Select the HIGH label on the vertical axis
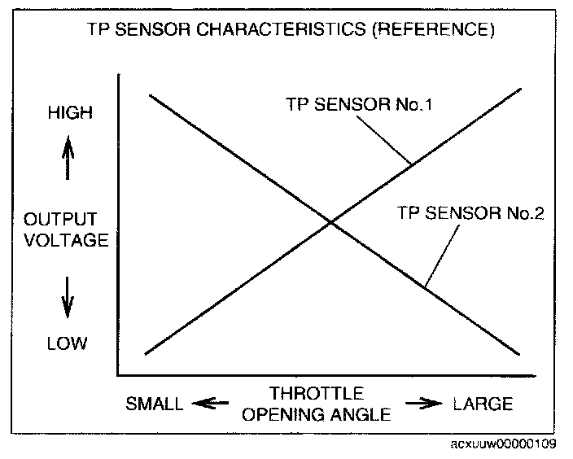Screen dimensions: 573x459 click(69, 113)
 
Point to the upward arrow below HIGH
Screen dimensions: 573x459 click(68, 156)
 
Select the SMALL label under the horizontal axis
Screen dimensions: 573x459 click(155, 404)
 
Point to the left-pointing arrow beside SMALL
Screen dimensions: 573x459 click(209, 404)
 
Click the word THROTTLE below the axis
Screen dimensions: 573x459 click(316, 393)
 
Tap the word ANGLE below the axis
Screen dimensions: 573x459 click(359, 413)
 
